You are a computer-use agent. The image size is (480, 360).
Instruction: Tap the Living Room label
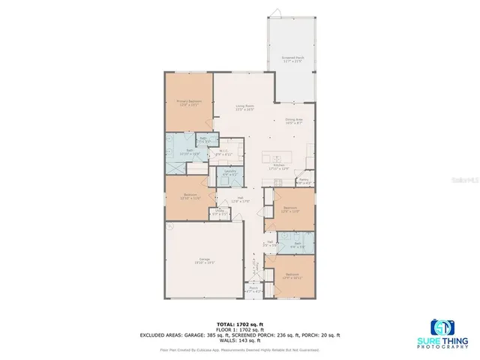241,108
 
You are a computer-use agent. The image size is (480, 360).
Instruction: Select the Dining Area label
293,121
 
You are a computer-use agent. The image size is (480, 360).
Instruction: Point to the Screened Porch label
292,58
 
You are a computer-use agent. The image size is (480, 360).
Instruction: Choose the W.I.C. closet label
225,152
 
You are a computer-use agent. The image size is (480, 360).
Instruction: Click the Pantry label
304,181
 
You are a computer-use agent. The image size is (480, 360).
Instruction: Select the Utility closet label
220,213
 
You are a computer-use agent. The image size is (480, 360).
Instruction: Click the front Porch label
253,289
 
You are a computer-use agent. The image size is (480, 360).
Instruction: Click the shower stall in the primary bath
175,150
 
